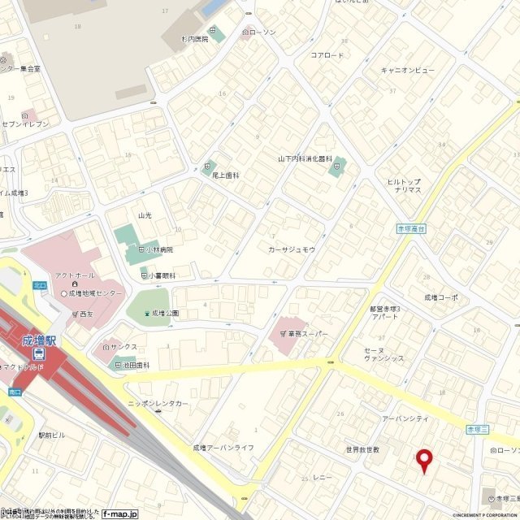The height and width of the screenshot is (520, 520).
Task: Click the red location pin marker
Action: pos(423,460)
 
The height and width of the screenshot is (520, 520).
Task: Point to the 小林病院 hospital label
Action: pos(160,249)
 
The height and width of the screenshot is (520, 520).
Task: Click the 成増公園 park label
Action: pos(165,313)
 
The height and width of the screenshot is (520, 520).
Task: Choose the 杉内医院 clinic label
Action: pos(195,39)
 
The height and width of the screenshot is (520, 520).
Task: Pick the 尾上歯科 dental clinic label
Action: pos(226,175)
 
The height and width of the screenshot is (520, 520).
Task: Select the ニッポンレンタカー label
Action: pos(158,403)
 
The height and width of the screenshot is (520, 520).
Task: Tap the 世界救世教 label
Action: pos(362,449)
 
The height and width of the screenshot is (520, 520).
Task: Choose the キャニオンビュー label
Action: pos(407,71)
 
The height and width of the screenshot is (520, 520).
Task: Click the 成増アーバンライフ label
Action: pos(223,448)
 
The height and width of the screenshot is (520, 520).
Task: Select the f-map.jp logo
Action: pos(120,513)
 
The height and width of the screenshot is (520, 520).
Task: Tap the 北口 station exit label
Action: pos(40,284)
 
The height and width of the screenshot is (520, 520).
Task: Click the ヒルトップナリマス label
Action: pos(403,185)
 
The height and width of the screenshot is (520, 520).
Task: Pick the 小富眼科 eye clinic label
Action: pos(162,275)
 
